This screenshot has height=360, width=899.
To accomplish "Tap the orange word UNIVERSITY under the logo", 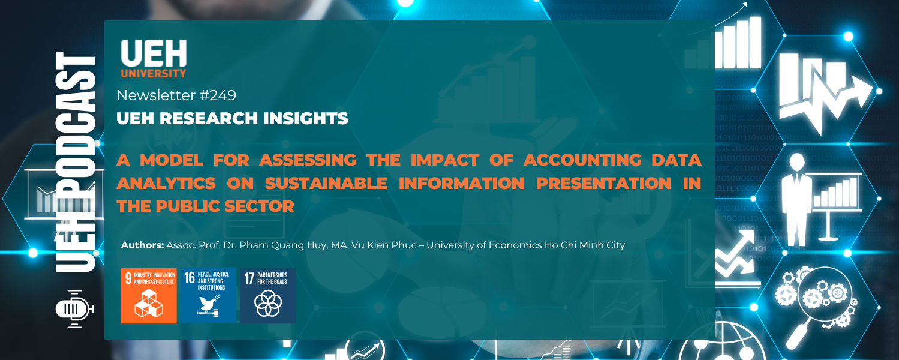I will coord(154,74).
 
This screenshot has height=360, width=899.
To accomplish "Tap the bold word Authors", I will coord(142,245).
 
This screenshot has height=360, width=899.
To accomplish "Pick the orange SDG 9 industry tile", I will coord(149,295).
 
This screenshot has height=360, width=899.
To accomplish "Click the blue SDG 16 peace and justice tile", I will coord(208,295).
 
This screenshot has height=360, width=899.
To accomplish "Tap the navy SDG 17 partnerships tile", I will coord(267,295).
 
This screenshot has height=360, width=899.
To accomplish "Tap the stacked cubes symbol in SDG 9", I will coord(148,304).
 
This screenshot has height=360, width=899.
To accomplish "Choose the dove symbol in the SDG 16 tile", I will coord(207,304).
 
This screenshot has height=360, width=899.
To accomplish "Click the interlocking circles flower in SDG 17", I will coord(267,303).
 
